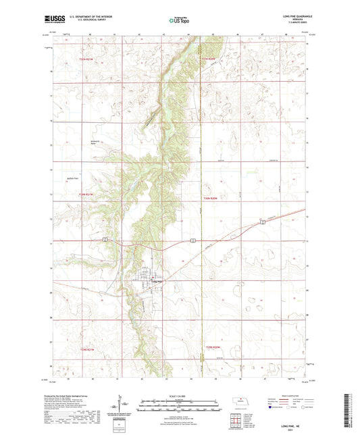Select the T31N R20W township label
[x=210, y=59]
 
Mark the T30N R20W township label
[x=211, y=199]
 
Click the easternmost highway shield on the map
[x=262, y=222]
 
